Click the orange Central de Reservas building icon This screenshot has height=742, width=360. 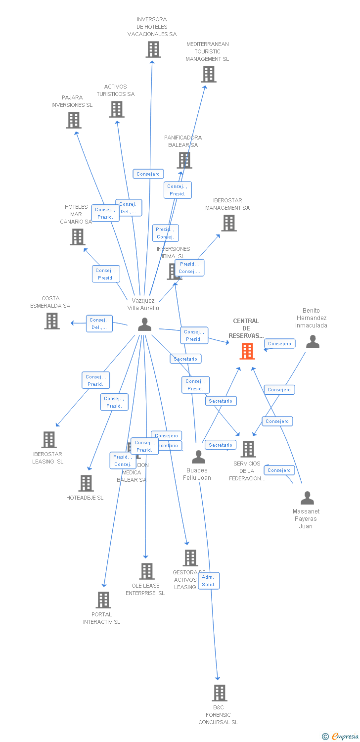click(x=247, y=351)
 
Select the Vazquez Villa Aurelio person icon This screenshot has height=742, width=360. click(x=144, y=325)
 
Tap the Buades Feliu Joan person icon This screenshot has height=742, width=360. click(x=198, y=457)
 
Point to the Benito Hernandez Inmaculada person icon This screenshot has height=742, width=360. click(x=313, y=342)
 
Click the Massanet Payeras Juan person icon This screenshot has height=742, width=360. click(x=307, y=498)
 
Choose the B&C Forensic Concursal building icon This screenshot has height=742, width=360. click(x=220, y=693)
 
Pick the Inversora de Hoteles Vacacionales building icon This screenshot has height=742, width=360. click(x=153, y=49)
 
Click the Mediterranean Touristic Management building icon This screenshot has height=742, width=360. click(x=209, y=74)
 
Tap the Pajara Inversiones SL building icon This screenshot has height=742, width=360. click(x=73, y=120)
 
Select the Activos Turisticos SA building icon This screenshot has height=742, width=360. click(x=117, y=109)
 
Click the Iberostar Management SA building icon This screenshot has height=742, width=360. click(x=228, y=223)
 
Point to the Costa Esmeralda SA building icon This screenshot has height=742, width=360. click(x=52, y=321)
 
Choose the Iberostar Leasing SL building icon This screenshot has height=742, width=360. click(x=48, y=439)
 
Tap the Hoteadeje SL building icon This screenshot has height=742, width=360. click(x=86, y=483)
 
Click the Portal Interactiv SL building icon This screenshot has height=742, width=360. click(x=103, y=600)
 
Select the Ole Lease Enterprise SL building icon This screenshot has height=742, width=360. click(x=146, y=571)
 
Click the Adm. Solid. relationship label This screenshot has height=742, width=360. click(x=209, y=581)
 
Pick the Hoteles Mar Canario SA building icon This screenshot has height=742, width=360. click(x=78, y=237)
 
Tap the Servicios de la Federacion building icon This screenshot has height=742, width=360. click(x=248, y=449)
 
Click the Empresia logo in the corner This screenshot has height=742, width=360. click(x=341, y=737)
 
